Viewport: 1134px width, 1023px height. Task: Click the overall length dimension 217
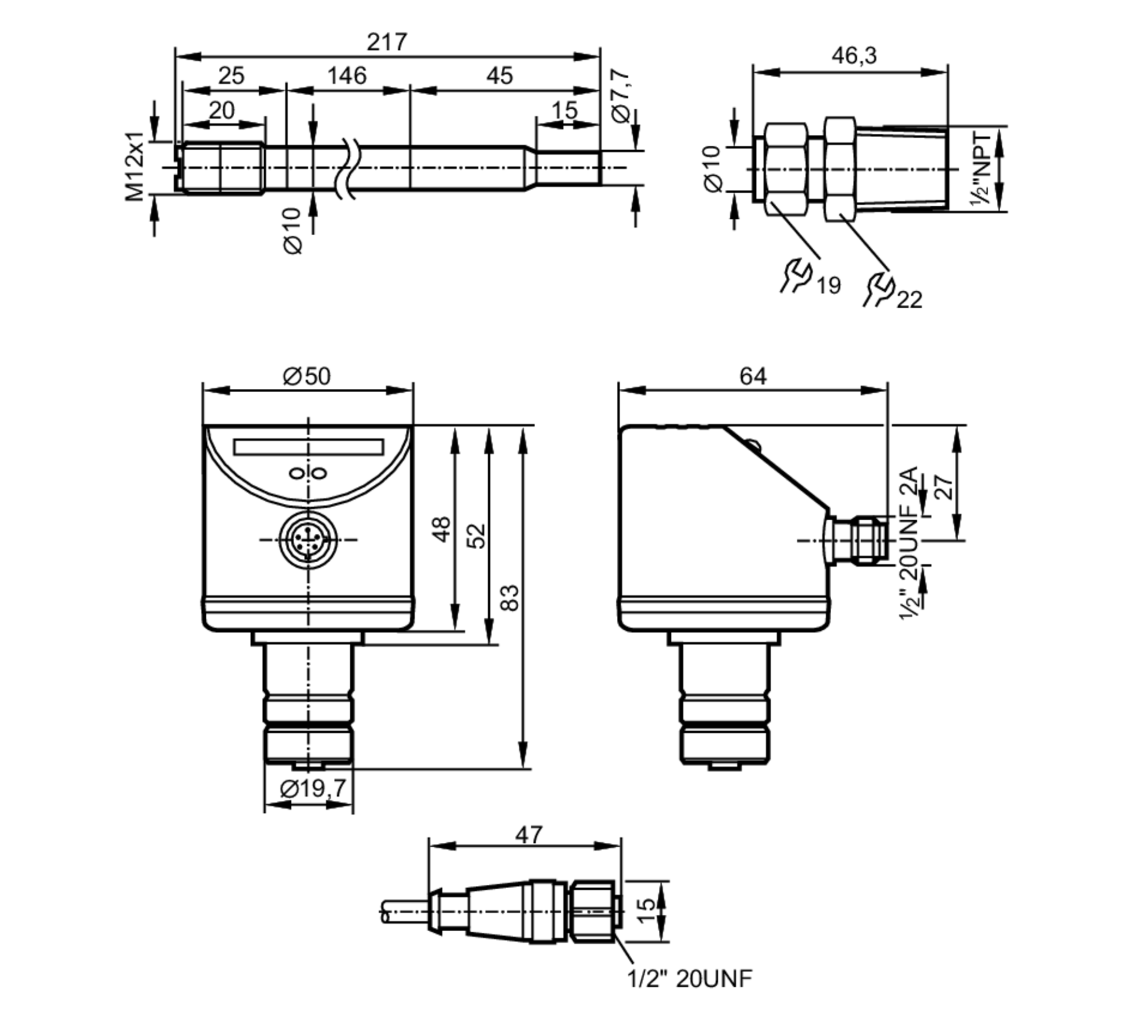point(387,42)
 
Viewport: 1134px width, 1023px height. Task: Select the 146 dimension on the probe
point(347,75)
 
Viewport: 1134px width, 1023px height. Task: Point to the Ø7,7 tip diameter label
point(621,95)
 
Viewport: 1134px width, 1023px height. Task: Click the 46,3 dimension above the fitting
point(854,56)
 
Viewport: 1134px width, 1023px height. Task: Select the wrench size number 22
point(909,299)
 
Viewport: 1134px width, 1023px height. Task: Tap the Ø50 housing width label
point(307,376)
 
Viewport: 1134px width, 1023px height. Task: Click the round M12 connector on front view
point(308,540)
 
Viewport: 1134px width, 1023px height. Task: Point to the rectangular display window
point(308,447)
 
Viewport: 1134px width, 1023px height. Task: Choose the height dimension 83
point(510,597)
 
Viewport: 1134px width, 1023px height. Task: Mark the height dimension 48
point(442,528)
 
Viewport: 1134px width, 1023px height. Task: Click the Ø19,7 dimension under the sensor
point(313,788)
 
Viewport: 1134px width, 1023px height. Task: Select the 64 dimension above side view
point(752,376)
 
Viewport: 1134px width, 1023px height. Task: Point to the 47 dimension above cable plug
point(528,835)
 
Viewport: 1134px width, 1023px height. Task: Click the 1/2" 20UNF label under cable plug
point(689,978)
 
